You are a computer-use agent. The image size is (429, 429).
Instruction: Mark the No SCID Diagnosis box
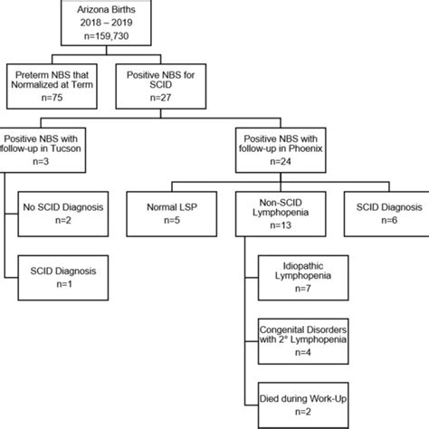[67, 210]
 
